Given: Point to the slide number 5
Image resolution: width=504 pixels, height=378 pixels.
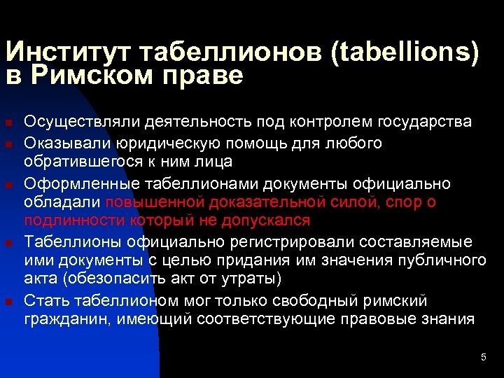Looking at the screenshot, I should click(483, 358).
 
